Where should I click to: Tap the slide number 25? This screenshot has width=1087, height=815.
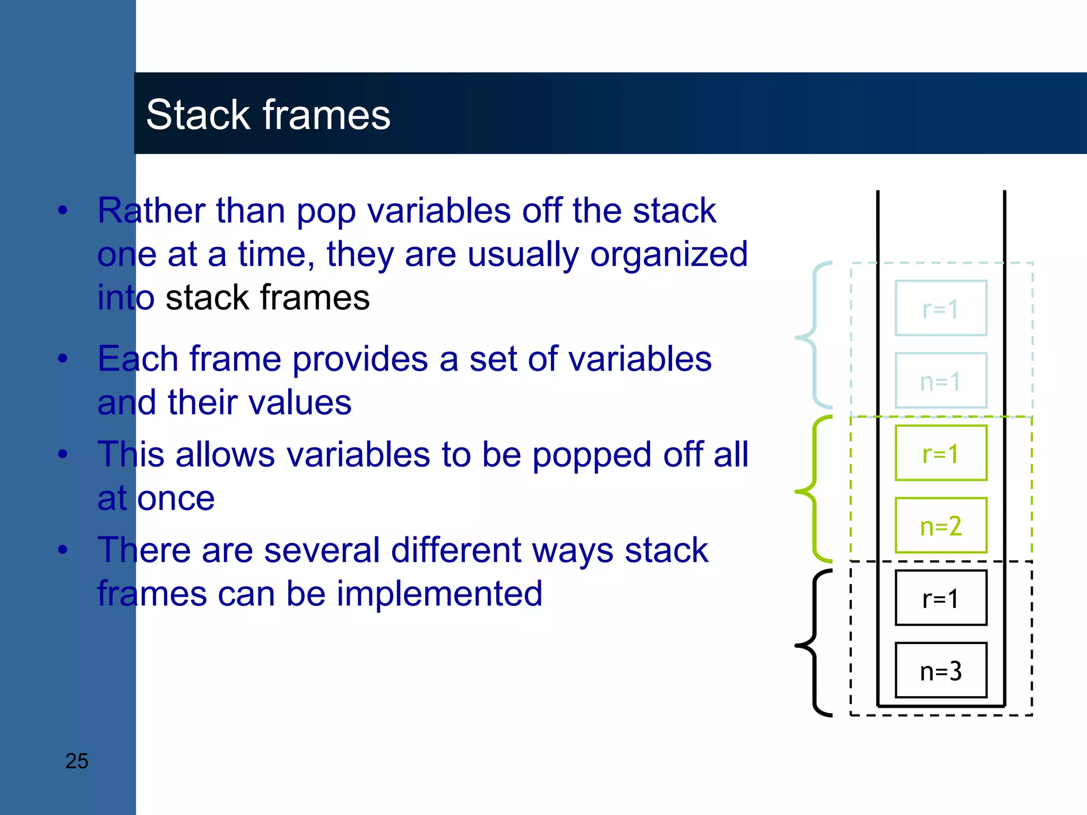point(76,761)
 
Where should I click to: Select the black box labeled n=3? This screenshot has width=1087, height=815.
point(941,671)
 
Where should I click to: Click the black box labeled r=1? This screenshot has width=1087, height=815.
point(941,598)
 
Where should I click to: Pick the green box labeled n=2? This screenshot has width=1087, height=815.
point(941,526)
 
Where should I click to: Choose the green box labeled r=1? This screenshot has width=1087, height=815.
point(941,453)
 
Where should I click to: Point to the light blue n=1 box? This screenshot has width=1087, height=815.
point(941,380)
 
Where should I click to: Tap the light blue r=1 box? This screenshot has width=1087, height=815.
point(941,308)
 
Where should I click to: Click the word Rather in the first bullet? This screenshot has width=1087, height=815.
point(151,211)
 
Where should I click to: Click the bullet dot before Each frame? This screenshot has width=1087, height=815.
point(63,359)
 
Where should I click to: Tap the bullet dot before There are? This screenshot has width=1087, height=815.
point(63,550)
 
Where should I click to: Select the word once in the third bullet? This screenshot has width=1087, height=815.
point(176,499)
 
